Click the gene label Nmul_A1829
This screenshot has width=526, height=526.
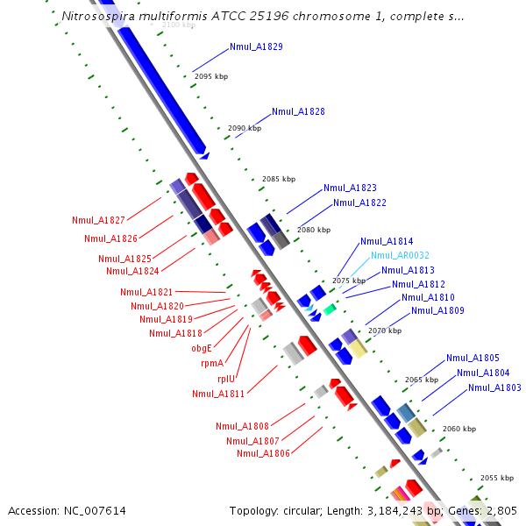[x=256, y=46]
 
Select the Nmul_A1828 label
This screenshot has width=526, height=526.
[x=298, y=112]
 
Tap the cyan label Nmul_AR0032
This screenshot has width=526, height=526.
[x=400, y=256]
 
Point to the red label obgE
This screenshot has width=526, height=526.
[x=202, y=348]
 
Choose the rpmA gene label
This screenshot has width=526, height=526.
[x=211, y=363]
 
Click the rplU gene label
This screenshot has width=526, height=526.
[x=226, y=379]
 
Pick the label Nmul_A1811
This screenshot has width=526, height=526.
[x=218, y=394]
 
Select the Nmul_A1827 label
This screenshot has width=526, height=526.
[x=98, y=220]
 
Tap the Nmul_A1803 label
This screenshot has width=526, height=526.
[x=494, y=387]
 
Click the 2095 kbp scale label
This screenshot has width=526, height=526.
[x=210, y=77]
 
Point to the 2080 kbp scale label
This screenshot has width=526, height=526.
[x=314, y=230]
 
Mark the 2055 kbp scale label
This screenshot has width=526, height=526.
[x=496, y=478]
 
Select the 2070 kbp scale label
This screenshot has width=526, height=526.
[x=385, y=331]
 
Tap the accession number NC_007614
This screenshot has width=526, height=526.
[x=96, y=510]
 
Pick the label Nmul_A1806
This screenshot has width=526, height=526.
[x=263, y=453]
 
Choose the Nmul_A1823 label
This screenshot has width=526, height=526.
[x=350, y=188]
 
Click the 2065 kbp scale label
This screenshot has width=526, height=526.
[x=422, y=380]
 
